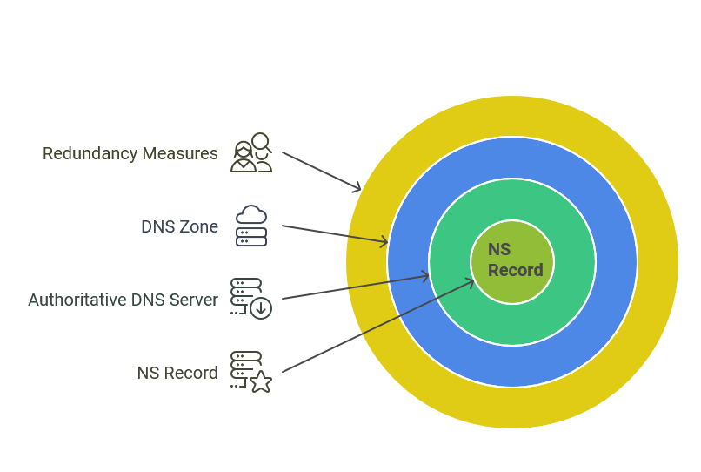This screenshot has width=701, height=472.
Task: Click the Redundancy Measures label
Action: [x=130, y=154]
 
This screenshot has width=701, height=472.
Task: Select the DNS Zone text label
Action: [x=179, y=227]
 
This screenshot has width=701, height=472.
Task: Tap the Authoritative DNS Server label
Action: [x=123, y=300]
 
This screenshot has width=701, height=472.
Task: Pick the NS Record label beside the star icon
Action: [x=177, y=374]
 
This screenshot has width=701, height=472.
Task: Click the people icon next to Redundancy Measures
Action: [x=250, y=153]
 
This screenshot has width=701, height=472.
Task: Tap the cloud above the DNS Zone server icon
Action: [x=251, y=215]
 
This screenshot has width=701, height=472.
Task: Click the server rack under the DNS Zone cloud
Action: [x=251, y=237]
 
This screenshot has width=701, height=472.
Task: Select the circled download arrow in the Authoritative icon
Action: [x=261, y=308]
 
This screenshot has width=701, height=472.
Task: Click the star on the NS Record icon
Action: [x=261, y=381]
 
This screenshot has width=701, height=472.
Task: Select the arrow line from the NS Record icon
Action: [x=374, y=327]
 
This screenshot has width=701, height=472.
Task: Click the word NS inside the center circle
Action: [x=499, y=250]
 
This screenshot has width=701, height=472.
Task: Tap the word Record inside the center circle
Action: [x=515, y=271]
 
